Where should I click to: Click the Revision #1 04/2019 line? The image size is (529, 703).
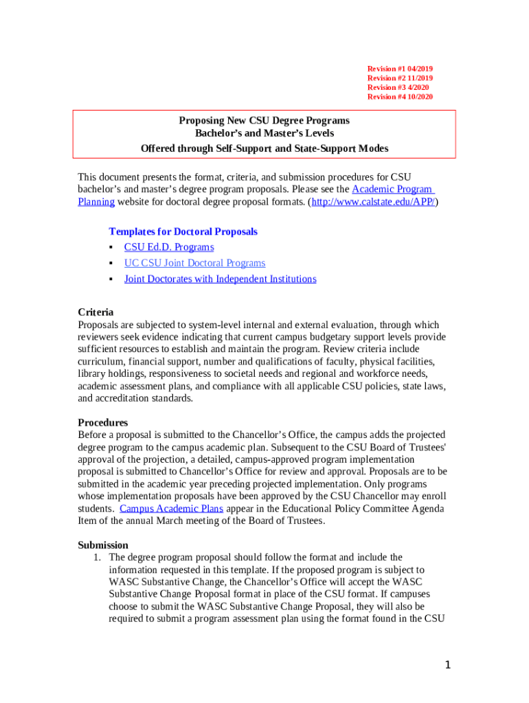click(400, 69)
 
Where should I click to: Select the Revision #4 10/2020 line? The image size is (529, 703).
click(400, 97)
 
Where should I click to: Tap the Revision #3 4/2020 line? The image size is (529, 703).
click(398, 88)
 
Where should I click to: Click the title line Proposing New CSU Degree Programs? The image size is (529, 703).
click(264, 121)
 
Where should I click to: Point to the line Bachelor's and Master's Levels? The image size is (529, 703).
click(264, 134)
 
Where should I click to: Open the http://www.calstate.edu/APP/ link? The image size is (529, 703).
click(374, 202)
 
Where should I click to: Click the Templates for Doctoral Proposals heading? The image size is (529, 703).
click(183, 231)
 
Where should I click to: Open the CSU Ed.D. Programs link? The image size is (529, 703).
click(169, 247)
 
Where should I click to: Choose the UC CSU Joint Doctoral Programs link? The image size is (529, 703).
click(194, 263)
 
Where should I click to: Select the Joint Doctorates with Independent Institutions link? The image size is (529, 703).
click(220, 279)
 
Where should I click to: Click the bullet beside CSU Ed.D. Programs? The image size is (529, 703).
click(110, 247)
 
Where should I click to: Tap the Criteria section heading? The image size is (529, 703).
click(95, 312)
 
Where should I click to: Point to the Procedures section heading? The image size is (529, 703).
click(102, 422)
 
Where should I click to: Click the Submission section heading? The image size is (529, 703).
click(103, 545)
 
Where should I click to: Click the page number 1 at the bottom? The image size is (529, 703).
click(447, 665)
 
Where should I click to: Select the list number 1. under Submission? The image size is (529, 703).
click(98, 557)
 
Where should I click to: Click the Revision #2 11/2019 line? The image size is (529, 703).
click(400, 79)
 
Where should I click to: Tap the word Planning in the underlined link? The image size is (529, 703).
click(95, 202)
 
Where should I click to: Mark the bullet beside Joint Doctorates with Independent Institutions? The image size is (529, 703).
click(110, 279)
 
